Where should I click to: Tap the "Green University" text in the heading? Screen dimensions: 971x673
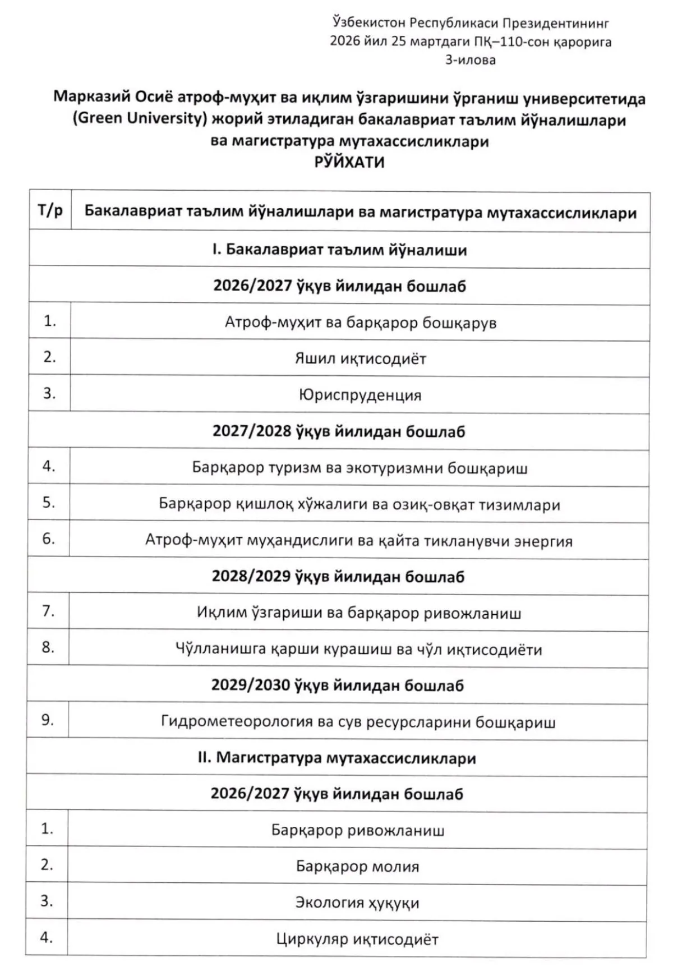[x=137, y=119]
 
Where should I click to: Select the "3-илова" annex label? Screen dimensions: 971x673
[x=470, y=59]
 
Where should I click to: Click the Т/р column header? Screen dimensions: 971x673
[x=50, y=211]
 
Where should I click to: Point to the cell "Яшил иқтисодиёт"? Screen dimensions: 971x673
[x=360, y=358]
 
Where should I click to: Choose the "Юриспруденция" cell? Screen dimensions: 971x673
[x=359, y=395]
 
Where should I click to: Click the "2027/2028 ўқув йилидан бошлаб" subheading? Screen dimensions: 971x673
[x=339, y=431]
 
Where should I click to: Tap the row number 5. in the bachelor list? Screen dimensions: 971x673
[x=49, y=502]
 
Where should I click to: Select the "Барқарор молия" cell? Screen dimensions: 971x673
[x=357, y=867]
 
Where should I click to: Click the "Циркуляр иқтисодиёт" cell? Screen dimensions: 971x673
[x=357, y=939]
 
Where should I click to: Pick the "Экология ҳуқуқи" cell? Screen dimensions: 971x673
[x=357, y=903]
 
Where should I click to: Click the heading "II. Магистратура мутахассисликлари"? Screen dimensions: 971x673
[x=336, y=758]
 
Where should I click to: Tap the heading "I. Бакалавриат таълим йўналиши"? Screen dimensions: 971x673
[x=339, y=250]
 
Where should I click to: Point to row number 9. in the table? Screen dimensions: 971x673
[x=48, y=720]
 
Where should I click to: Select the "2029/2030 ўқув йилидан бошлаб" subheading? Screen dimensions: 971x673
[x=337, y=685]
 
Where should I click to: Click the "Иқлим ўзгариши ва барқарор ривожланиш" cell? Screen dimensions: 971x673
[x=359, y=613]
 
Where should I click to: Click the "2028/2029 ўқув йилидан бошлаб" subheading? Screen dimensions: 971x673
[x=338, y=577]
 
